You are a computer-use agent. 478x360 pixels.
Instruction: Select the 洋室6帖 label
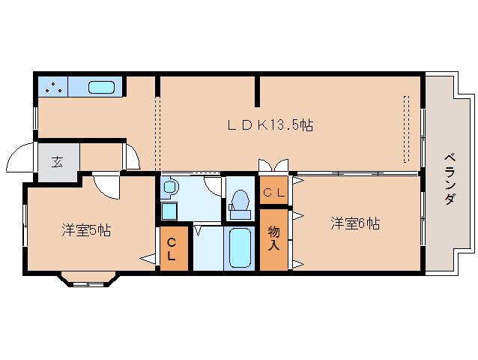click(x=355, y=223)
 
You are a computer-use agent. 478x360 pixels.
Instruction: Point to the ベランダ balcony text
click(x=449, y=178)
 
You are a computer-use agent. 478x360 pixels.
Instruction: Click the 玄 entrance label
click(x=57, y=161)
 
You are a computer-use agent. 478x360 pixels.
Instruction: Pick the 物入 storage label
click(x=273, y=238)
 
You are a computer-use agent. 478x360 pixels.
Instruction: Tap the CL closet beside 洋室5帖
click(x=172, y=249)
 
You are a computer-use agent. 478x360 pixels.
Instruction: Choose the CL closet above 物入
click(x=273, y=193)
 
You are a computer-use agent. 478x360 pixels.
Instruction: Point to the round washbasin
click(x=169, y=187)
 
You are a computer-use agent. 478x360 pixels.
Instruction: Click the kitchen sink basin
click(x=101, y=87)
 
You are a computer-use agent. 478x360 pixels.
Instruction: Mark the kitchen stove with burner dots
click(x=52, y=87)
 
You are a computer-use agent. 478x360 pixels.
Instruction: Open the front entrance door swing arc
click(x=18, y=159)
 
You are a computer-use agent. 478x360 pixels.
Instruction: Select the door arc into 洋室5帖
click(x=106, y=186)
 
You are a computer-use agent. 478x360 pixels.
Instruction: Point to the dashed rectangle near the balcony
click(x=406, y=129)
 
